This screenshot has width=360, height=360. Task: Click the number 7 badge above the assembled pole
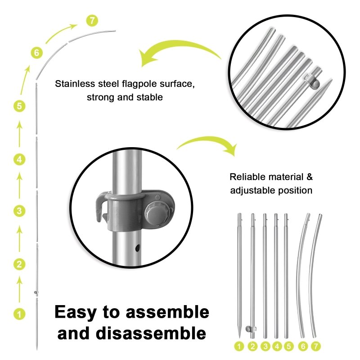[92, 21]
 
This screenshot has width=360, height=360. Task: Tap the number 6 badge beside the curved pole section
[37, 53]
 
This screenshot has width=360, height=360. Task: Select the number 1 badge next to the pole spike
[19, 314]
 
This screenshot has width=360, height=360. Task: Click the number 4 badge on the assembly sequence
[19, 159]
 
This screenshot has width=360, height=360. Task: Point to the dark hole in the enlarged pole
[138, 248]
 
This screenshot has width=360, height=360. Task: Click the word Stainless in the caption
[75, 84]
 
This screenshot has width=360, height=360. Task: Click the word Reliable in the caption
[247, 177]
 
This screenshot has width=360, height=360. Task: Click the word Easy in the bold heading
[76, 313]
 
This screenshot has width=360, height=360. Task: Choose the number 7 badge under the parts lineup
[316, 346]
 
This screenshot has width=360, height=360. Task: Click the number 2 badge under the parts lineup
[253, 346]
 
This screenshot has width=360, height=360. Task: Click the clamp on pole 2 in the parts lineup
[250, 329]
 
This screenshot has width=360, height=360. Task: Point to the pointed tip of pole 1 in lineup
[239, 338]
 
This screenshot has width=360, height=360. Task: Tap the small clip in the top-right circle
[312, 82]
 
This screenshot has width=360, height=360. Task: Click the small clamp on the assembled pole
[36, 292]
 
